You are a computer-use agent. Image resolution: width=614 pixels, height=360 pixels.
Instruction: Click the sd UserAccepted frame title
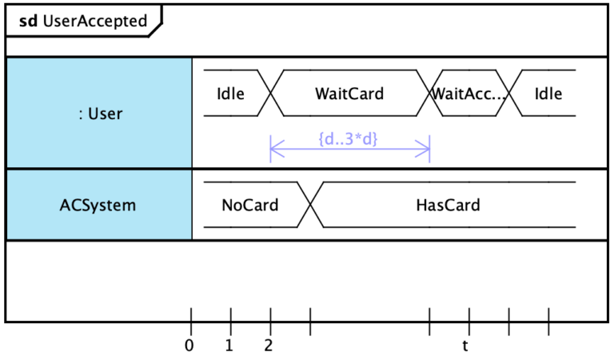83,21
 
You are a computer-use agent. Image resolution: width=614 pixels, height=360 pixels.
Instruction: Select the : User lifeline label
101,114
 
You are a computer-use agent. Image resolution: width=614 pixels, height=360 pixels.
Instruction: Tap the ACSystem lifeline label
98,205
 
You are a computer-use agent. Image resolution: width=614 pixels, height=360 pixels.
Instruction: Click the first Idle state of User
230,94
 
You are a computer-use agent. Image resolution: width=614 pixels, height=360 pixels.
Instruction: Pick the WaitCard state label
349,94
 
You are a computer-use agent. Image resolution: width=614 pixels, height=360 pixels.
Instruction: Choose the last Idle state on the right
548,94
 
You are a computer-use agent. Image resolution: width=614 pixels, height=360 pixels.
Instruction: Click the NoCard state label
249,205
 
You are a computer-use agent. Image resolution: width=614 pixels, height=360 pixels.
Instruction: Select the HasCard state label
448,205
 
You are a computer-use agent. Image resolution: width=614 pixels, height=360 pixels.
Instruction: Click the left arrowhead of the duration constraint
273,149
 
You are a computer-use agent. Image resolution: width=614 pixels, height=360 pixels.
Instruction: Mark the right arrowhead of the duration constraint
427,149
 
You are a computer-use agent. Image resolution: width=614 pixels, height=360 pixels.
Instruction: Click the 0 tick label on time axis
189,346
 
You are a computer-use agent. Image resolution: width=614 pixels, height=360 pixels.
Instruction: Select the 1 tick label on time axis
229,346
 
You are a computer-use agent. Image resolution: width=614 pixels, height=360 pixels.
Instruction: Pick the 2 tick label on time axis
269,346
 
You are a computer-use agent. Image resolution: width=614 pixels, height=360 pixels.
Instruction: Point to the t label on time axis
465,346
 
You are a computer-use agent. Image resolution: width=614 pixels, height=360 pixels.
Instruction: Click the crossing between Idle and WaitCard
271,94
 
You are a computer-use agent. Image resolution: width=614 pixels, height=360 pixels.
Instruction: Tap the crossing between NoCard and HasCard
310,205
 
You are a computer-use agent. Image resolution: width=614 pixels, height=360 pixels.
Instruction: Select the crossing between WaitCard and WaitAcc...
430,94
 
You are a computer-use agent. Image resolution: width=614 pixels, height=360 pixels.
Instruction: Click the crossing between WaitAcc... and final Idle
510,94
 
